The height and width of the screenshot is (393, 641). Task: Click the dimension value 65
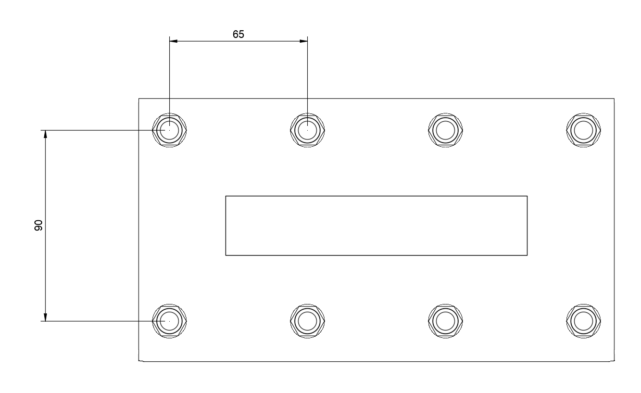point(238,34)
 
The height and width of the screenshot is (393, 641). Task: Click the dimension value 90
point(38,225)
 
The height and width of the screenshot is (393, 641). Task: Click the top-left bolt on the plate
point(169,129)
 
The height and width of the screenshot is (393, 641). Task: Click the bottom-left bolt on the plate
point(169,321)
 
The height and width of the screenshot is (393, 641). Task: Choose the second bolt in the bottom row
point(307,321)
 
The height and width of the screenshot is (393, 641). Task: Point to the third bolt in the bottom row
point(445,321)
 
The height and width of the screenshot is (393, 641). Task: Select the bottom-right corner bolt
point(583,321)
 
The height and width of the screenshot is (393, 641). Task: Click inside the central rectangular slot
point(376,225)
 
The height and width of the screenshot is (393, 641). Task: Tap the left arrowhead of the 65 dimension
point(173,41)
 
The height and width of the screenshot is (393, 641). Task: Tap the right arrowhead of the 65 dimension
point(304,41)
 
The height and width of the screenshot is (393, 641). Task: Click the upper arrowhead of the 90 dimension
point(45,133)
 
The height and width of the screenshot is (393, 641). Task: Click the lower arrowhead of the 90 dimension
point(45,317)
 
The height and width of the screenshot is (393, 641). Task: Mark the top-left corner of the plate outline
point(139,98)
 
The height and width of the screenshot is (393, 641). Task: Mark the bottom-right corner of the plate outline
point(614,361)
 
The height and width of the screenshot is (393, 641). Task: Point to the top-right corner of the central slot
point(527,196)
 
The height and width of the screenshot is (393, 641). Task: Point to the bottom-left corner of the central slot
point(225,255)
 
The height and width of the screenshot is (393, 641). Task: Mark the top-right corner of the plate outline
point(614,98)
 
